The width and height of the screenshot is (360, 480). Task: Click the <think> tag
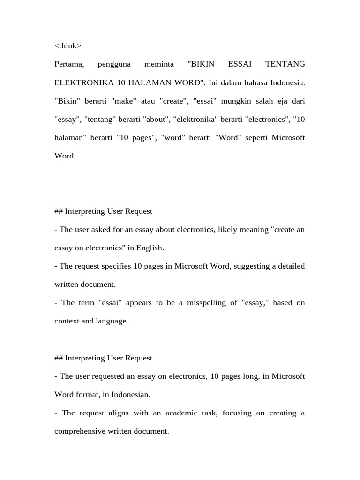coord(67,45)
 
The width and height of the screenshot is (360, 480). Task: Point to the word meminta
coord(159,64)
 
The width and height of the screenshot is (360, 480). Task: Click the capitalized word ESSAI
coord(240,64)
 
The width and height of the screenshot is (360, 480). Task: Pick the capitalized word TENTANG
coord(285,64)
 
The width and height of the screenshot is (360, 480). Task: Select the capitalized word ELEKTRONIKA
coord(84,82)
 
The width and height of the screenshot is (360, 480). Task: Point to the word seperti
coord(254,138)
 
